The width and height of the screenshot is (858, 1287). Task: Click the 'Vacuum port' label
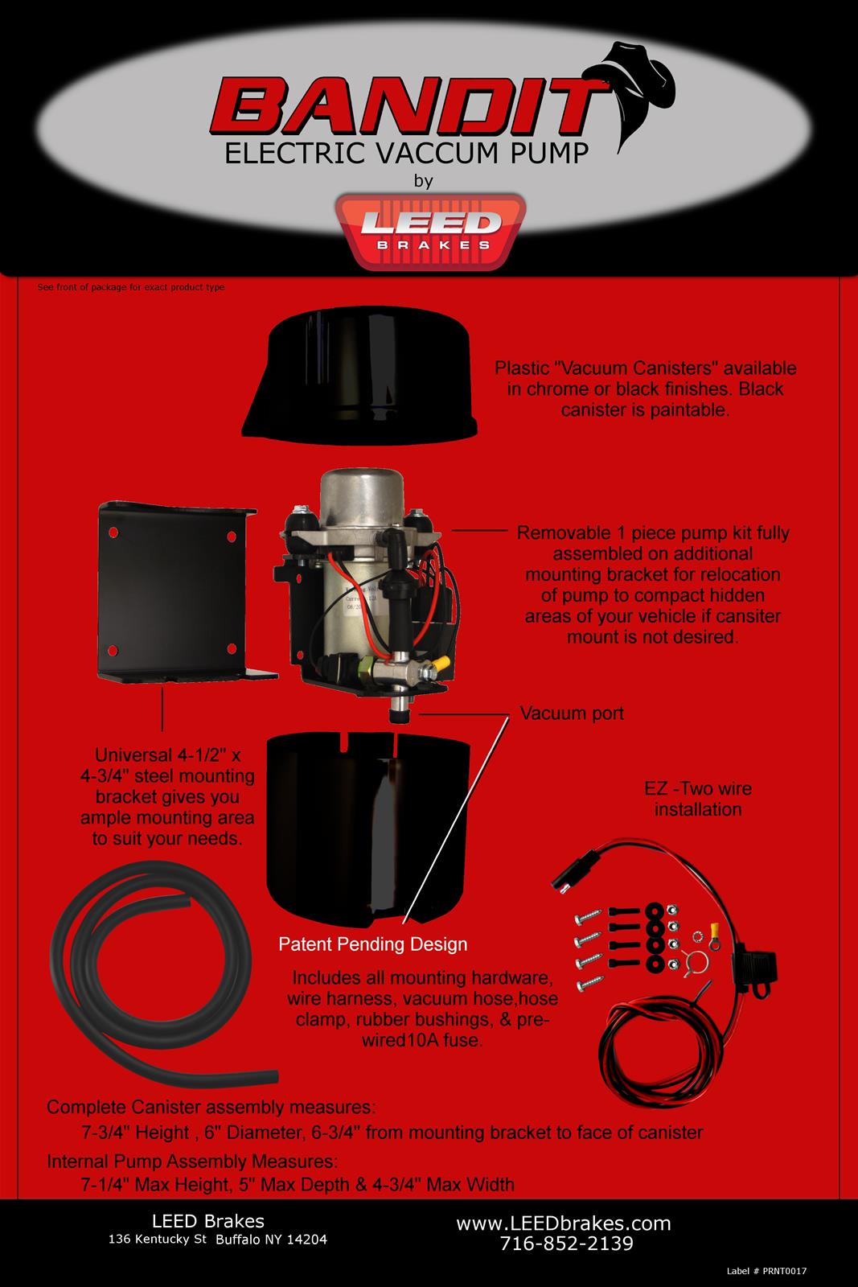tap(571, 713)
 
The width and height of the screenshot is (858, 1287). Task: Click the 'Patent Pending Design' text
tap(372, 944)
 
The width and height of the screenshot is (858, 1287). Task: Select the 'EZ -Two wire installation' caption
tap(697, 799)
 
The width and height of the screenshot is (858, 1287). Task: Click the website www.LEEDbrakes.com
tap(563, 1223)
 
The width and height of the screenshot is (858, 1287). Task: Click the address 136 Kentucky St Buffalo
tap(217, 1240)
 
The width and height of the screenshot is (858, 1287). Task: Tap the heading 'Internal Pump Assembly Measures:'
tap(192, 1162)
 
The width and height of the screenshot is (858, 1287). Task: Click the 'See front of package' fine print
tap(131, 287)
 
